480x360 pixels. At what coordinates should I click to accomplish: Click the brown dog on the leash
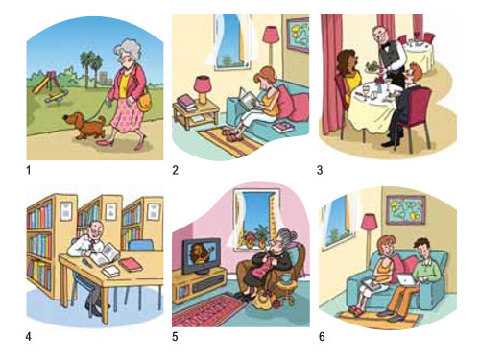pyautogui.click(x=84, y=126)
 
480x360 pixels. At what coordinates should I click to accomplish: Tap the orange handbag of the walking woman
pyautogui.click(x=144, y=102)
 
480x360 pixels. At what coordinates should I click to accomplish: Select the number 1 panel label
pyautogui.click(x=29, y=170)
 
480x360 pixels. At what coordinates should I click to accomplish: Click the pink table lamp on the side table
pyautogui.click(x=203, y=89)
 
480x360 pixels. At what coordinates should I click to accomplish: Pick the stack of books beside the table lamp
pyautogui.click(x=186, y=102)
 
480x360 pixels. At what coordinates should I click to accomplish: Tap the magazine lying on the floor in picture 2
pyautogui.click(x=282, y=127)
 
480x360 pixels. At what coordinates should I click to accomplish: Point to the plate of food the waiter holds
pyautogui.click(x=372, y=68)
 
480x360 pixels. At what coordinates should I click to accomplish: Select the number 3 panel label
pyautogui.click(x=320, y=170)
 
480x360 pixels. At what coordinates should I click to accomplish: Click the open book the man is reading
pyautogui.click(x=105, y=254)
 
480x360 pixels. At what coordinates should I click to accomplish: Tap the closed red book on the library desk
pyautogui.click(x=131, y=265)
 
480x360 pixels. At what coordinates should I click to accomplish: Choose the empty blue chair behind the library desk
pyautogui.click(x=140, y=245)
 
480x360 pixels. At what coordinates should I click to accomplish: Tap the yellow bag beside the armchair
pyautogui.click(x=263, y=300)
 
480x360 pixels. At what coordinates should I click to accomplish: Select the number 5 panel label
pyautogui.click(x=175, y=337)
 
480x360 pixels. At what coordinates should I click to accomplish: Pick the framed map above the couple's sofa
pyautogui.click(x=406, y=209)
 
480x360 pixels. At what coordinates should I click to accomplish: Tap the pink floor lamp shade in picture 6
pyautogui.click(x=370, y=222)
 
